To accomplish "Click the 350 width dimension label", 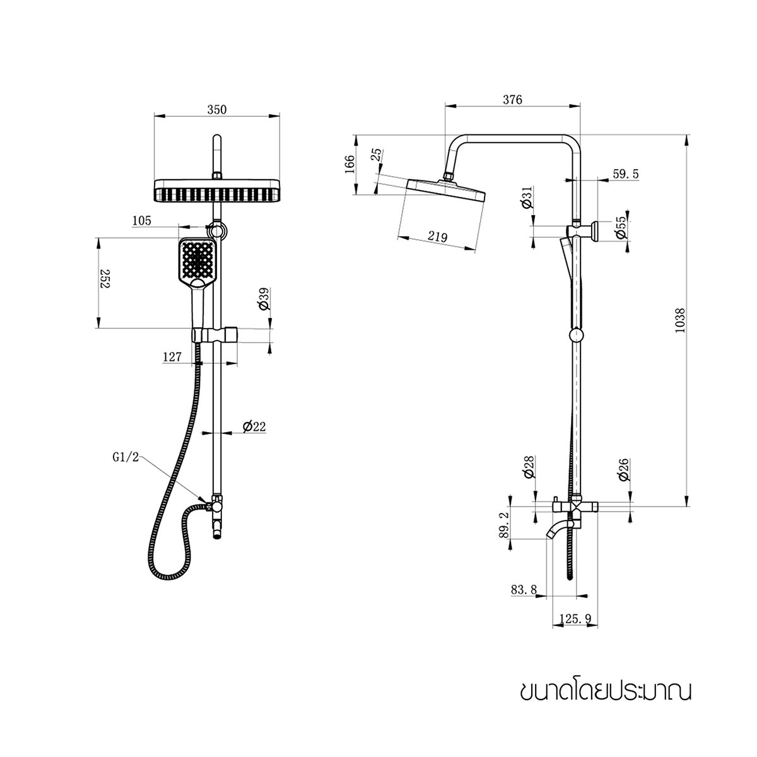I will [216, 109].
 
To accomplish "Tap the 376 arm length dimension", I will [512, 100].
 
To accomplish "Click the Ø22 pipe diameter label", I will [254, 426].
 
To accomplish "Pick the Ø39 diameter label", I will [264, 298].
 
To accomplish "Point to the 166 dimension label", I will [351, 165].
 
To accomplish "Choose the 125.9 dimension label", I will [575, 619].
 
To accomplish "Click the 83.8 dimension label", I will [524, 589].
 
